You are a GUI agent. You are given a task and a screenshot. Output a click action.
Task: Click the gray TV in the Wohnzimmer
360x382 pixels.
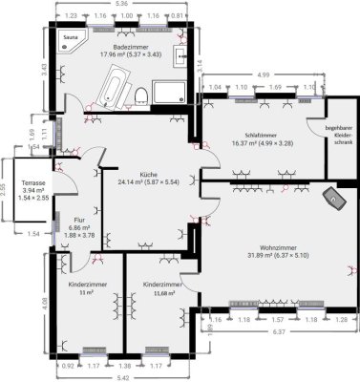(x=336, y=199)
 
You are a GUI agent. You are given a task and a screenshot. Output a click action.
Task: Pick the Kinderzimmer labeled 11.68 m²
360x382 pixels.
(x=161, y=286)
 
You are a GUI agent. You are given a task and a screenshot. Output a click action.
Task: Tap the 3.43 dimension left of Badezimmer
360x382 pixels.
(x=43, y=68)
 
